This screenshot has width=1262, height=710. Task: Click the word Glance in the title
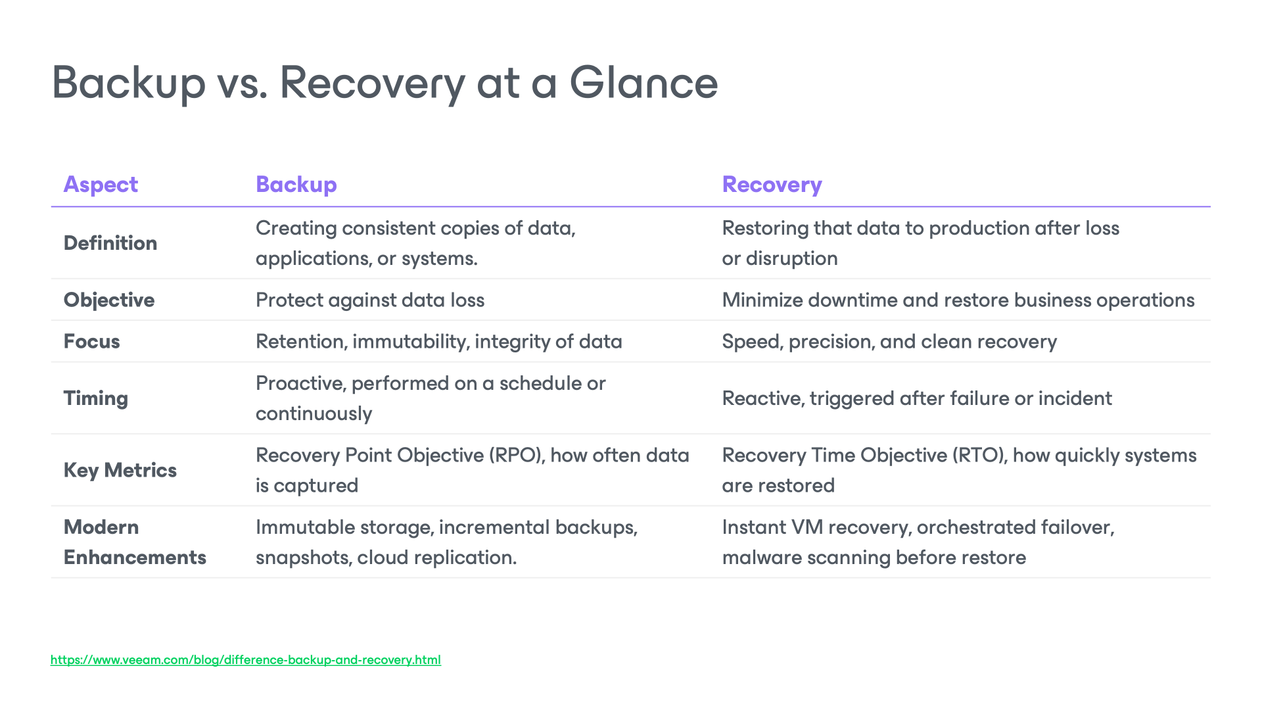[x=643, y=83]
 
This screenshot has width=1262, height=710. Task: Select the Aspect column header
[x=101, y=185]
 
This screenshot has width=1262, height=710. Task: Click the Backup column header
[x=296, y=185]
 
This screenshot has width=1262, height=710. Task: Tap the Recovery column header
[x=772, y=185]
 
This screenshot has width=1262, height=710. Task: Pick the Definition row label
[x=110, y=243]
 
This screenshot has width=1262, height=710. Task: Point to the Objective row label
[x=109, y=300]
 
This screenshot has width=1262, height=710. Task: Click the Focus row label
[x=92, y=342]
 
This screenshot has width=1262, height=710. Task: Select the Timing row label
[x=96, y=398]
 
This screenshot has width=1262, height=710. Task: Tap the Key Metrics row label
[x=120, y=471]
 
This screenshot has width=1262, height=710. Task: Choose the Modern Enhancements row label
[x=135, y=542]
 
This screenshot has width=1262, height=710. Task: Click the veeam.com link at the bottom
[x=245, y=660]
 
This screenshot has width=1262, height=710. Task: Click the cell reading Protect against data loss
[x=369, y=300]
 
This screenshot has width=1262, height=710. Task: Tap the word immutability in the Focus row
[x=410, y=342]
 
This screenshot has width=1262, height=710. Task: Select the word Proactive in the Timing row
[x=300, y=383]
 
